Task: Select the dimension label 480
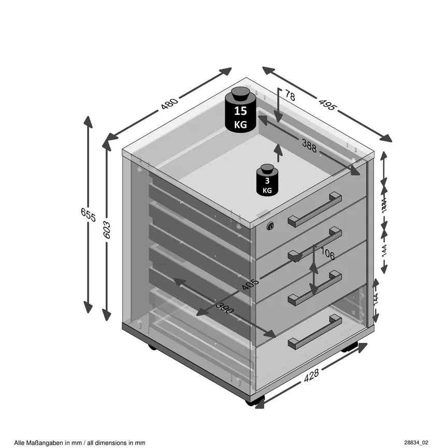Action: (169, 104)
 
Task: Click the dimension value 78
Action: (290, 96)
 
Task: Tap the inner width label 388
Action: (309, 147)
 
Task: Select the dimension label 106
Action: (327, 254)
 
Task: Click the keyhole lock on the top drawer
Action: (270, 226)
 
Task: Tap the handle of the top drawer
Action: (314, 210)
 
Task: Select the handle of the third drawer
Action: (314, 288)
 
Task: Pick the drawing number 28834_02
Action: (416, 442)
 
